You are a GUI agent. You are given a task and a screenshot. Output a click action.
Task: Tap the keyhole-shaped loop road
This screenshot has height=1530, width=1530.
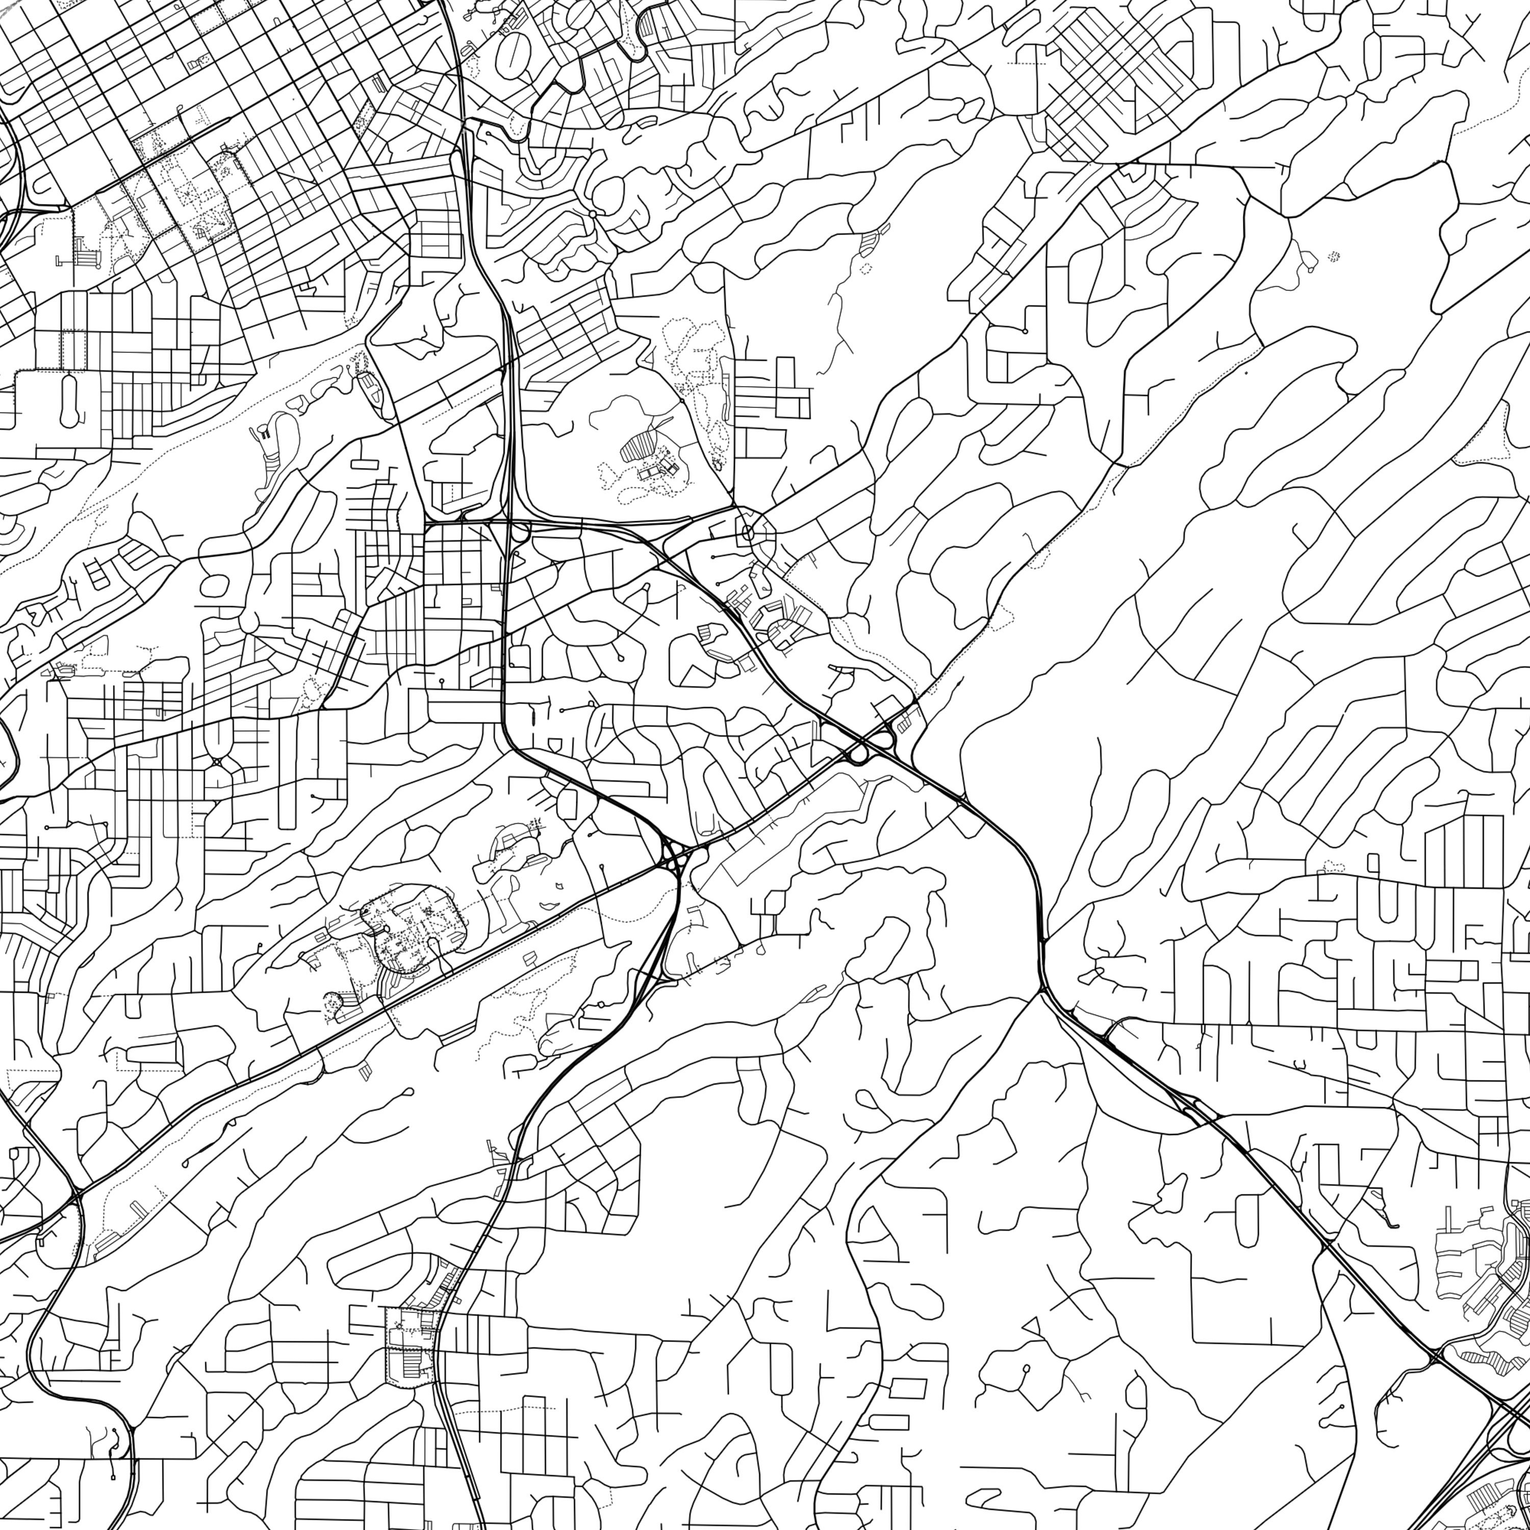(x=68, y=401)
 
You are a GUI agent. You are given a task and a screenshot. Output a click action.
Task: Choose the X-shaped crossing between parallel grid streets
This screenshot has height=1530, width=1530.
(x=216, y=762)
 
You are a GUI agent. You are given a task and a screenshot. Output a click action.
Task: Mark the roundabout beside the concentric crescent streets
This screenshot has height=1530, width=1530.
(x=592, y=214)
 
